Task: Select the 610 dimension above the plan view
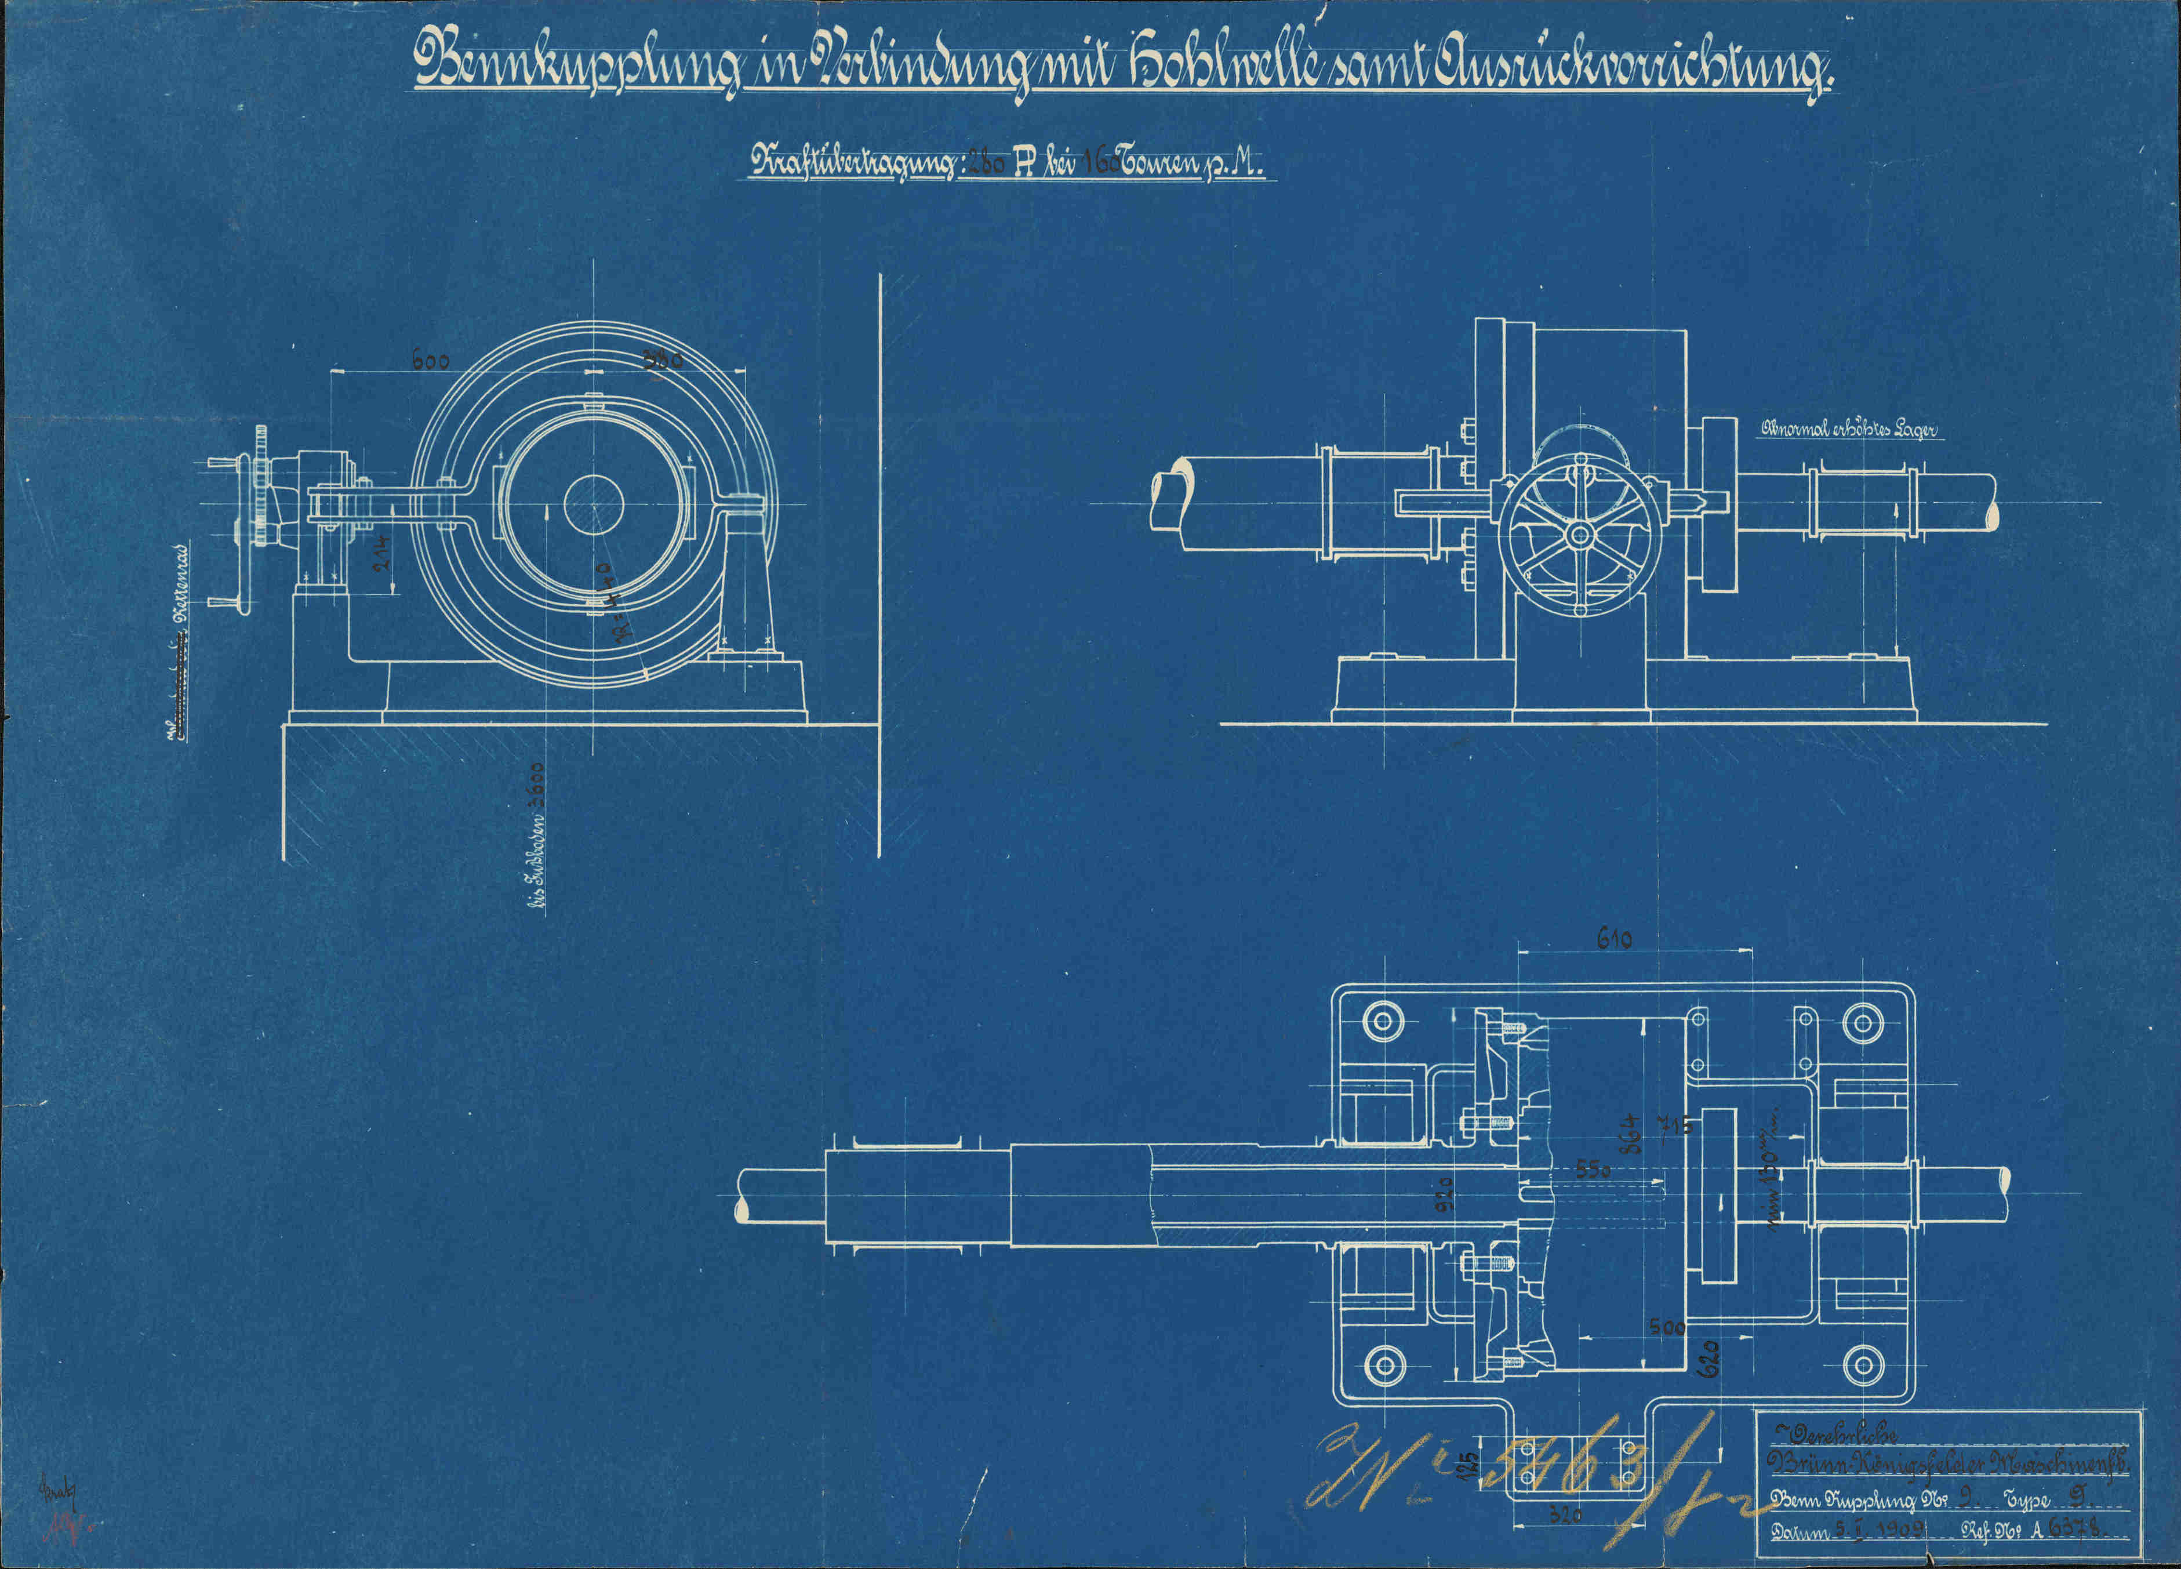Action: tap(1613, 939)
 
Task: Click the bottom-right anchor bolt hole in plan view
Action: tap(1864, 1364)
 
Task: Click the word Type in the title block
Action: tap(2028, 1499)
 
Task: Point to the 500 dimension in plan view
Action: tap(1667, 1328)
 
